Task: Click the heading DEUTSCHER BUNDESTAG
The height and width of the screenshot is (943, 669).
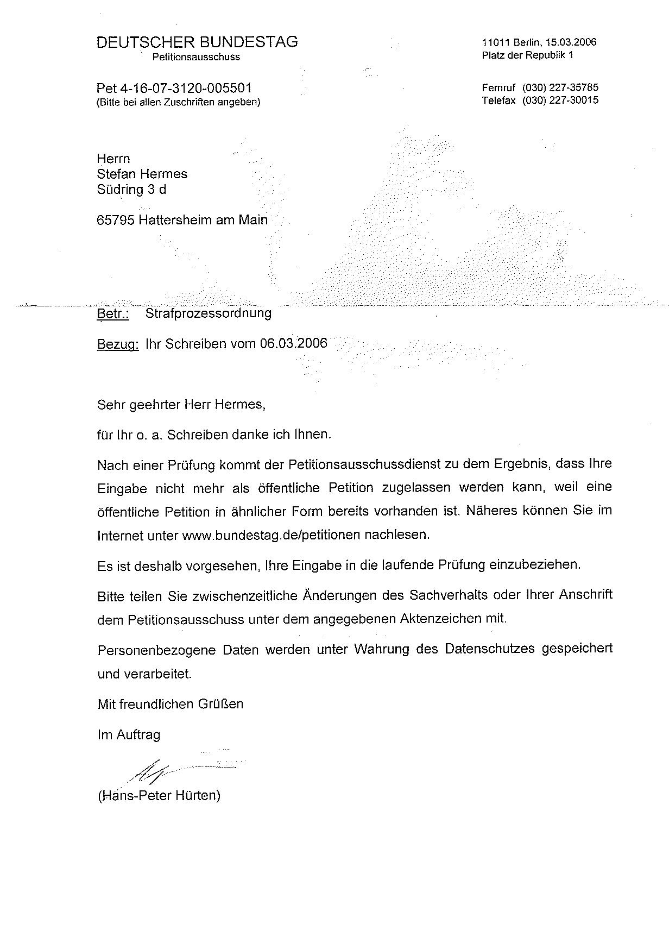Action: click(197, 42)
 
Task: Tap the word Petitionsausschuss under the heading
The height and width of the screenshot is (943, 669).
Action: click(196, 57)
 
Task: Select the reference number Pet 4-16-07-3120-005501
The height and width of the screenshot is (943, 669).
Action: click(174, 88)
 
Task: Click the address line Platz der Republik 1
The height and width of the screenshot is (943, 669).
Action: click(527, 55)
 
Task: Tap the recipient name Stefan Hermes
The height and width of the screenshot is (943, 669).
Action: click(142, 174)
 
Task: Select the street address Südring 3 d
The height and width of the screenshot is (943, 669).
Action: click(131, 190)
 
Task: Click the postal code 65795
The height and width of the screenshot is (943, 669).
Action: click(115, 220)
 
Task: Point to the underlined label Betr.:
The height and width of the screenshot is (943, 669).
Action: click(113, 313)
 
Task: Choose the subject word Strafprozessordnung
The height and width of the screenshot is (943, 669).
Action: click(209, 313)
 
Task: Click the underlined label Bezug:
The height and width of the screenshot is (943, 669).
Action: click(118, 344)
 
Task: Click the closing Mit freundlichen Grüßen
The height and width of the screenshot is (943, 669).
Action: click(171, 705)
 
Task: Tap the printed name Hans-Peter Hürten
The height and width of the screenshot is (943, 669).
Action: click(159, 796)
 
